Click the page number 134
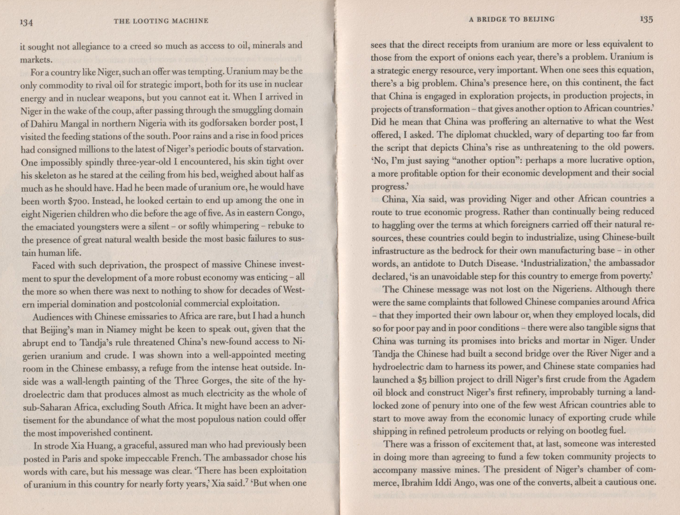(26, 22)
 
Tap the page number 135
(647, 19)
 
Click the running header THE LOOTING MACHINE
(161, 22)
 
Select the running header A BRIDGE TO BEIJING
(511, 19)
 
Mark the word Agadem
(634, 379)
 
